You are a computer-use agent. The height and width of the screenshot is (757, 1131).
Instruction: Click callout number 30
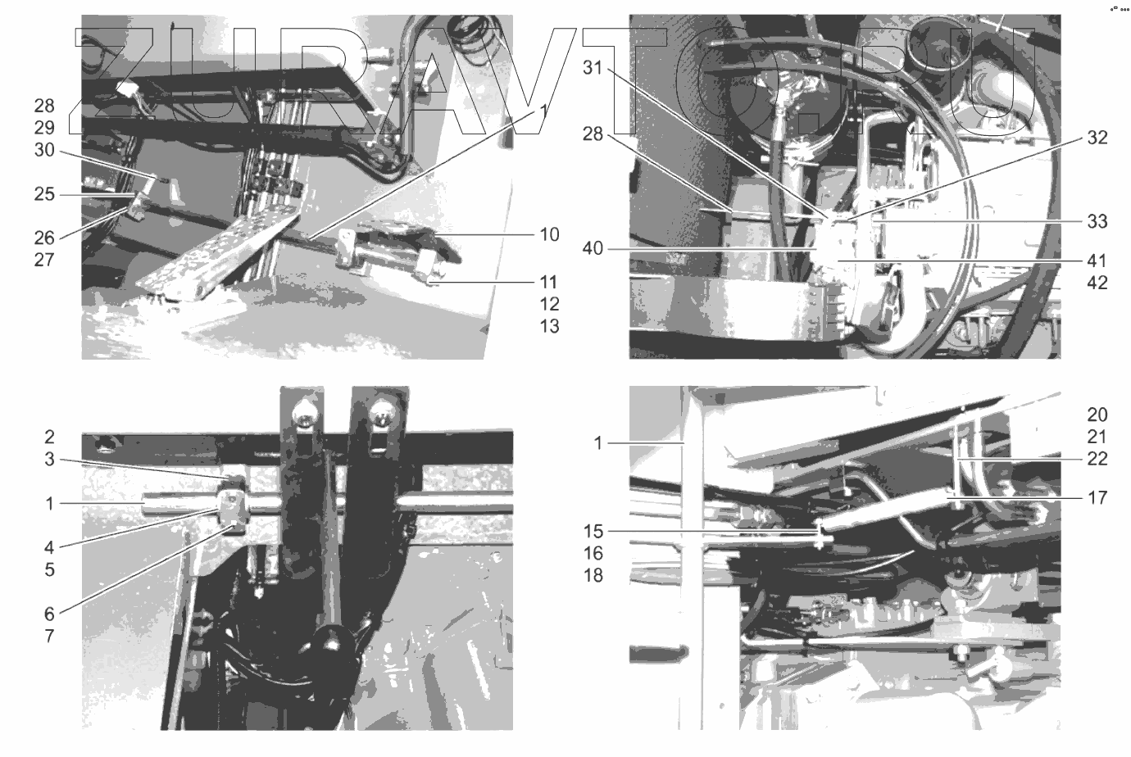(x=44, y=150)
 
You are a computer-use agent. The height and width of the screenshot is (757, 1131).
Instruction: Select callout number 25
(x=44, y=194)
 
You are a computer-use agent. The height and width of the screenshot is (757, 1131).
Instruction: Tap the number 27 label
(x=44, y=260)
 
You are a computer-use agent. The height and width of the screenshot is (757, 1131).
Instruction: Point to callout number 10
(x=549, y=234)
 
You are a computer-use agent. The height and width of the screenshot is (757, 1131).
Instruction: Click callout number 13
(x=549, y=327)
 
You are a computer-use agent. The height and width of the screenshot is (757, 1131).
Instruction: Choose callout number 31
(x=593, y=68)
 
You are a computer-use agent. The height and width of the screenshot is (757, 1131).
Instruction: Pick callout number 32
(x=1097, y=138)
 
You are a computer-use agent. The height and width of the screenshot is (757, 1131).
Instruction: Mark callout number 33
(x=1097, y=221)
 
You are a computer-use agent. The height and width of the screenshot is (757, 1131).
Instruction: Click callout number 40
(x=593, y=248)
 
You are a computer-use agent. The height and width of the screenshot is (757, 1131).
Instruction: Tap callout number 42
(x=1097, y=283)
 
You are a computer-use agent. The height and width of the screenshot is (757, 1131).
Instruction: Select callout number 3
(x=49, y=460)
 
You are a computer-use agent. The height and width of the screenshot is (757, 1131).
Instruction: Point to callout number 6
(x=49, y=614)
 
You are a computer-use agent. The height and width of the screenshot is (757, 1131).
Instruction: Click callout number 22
(x=1097, y=458)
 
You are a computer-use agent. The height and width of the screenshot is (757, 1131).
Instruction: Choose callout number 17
(x=1097, y=498)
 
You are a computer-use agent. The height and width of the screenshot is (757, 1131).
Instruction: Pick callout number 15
(x=593, y=532)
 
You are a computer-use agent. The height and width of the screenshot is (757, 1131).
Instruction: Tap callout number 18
(x=593, y=575)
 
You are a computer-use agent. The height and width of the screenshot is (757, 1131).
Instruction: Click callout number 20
(x=1097, y=415)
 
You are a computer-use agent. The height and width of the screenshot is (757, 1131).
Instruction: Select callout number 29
(x=44, y=128)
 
